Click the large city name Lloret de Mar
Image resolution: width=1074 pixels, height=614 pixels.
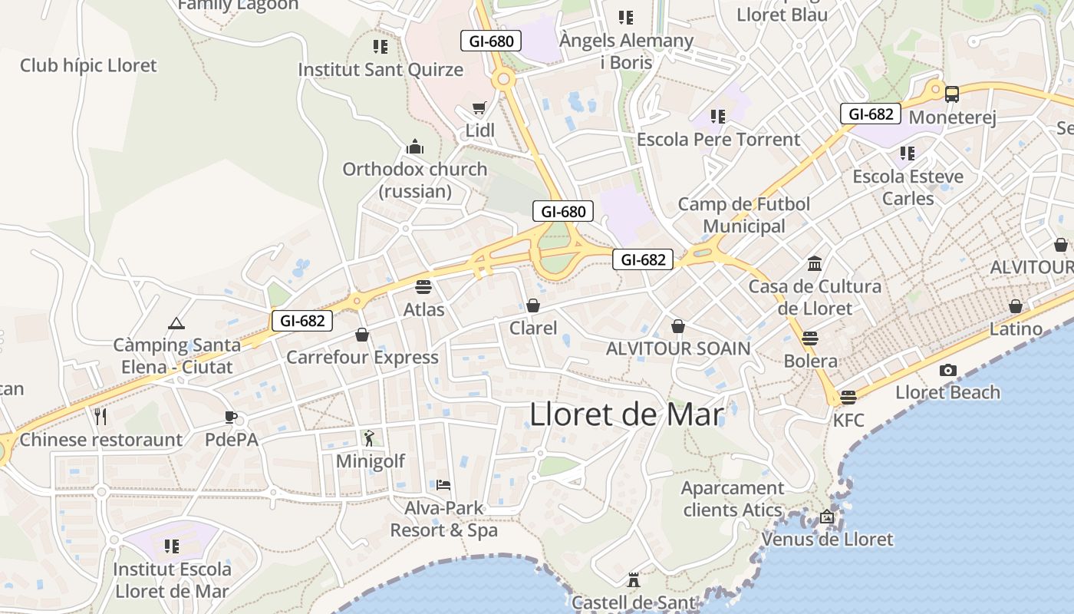627,414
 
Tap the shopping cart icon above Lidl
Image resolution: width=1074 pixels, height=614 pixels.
479,108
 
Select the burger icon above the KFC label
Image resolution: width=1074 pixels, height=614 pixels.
848,397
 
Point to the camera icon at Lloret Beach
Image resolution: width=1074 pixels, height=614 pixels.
948,370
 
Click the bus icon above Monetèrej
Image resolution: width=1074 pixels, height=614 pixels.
952,94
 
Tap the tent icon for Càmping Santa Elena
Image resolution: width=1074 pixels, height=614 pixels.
176,323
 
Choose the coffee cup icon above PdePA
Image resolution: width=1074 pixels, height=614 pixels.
231,418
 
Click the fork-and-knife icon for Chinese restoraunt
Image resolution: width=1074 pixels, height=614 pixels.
100,417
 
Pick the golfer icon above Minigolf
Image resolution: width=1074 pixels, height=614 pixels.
370,438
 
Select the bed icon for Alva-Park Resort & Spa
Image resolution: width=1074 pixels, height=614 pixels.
443,485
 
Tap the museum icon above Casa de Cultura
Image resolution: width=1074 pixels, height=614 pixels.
815,264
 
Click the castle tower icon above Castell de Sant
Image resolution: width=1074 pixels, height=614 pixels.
634,579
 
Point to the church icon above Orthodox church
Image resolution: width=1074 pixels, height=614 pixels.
415,147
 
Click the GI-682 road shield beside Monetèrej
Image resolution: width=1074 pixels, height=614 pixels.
871,114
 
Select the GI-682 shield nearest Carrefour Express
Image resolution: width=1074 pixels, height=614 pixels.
302,321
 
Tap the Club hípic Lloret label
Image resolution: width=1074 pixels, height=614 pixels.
88,65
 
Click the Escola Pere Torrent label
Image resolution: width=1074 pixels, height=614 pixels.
718,140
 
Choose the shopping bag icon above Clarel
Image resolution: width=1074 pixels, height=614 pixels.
533,305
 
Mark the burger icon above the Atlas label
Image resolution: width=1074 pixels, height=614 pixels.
423,287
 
